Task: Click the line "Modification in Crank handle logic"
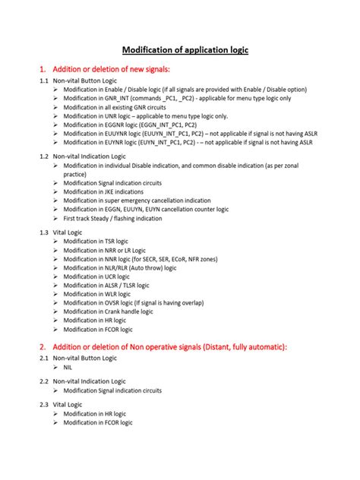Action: tap(108, 311)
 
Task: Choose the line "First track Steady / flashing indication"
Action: tap(112, 218)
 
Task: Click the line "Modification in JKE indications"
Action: tap(103, 191)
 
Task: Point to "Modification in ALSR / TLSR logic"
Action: tap(106, 285)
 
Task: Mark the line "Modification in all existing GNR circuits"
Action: tap(115, 107)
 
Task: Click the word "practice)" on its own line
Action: tap(76, 174)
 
